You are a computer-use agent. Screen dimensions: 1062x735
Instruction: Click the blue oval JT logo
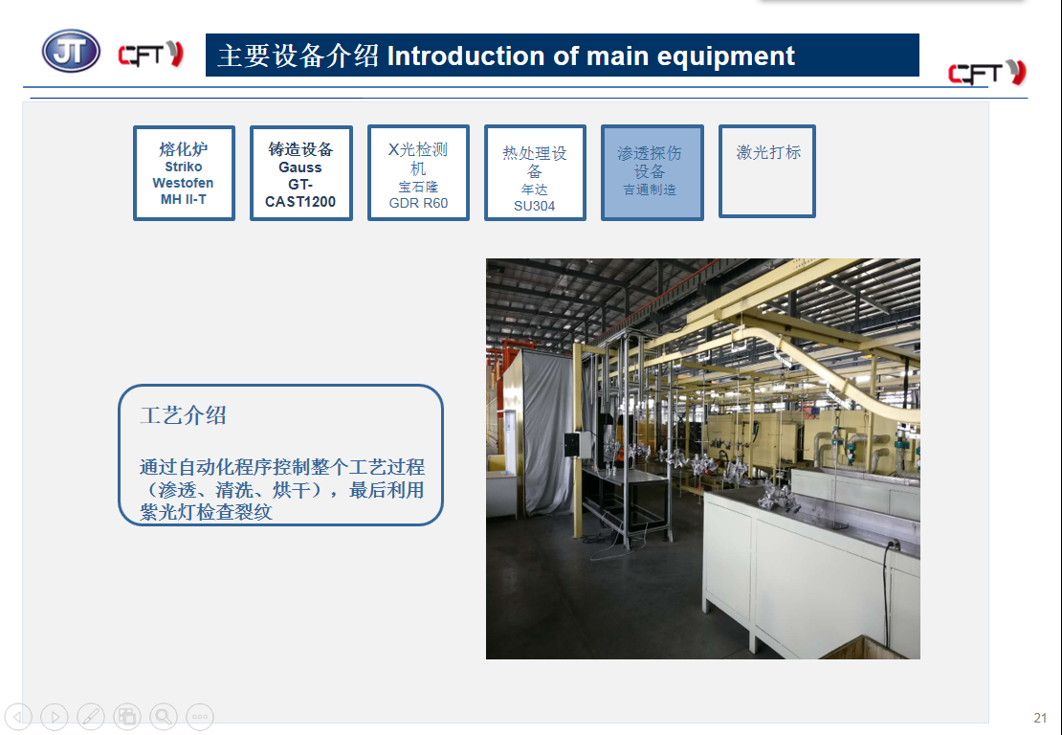tap(71, 52)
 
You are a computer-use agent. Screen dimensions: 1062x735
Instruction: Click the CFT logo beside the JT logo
tap(150, 55)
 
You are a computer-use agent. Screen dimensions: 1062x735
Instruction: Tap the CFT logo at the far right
tap(987, 73)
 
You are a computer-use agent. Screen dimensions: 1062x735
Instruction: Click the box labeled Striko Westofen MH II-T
tap(185, 172)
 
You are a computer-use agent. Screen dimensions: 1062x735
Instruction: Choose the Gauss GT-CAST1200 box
tap(300, 172)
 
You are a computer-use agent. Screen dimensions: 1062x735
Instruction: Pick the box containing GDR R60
tap(418, 172)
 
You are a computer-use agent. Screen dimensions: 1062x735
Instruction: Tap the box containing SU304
tap(535, 172)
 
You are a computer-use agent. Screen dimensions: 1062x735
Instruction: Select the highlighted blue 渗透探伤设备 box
tap(653, 172)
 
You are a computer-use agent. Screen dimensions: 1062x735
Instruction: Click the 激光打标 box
tap(767, 171)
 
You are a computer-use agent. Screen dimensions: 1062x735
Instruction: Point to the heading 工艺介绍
tap(183, 415)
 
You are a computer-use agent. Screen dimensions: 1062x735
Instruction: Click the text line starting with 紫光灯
tap(206, 512)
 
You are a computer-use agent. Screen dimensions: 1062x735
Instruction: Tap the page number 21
tap(1040, 718)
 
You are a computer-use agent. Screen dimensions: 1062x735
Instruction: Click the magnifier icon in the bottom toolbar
tap(164, 716)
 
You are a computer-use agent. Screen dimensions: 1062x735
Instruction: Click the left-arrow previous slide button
tap(18, 716)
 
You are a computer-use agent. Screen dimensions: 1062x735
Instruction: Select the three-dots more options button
tap(200, 716)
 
